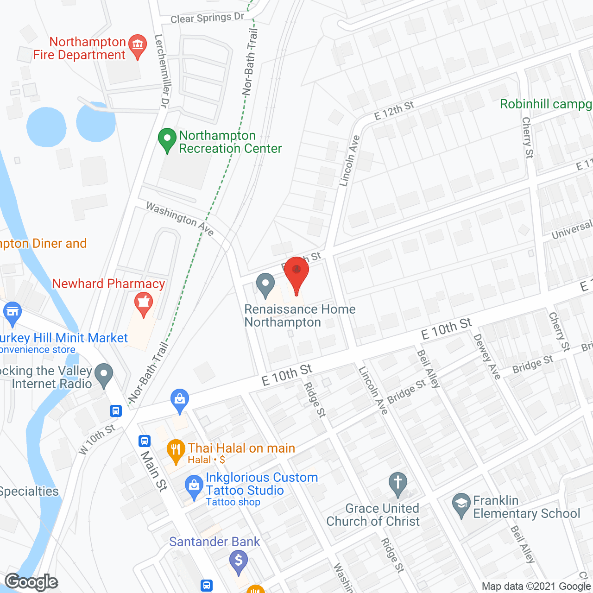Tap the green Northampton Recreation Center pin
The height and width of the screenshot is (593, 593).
click(167, 139)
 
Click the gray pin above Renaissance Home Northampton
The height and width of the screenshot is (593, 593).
click(265, 284)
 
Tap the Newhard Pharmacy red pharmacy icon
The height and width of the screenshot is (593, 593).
click(144, 303)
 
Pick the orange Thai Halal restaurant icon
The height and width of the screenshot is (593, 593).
click(176, 451)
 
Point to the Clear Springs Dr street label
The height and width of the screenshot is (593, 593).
click(207, 18)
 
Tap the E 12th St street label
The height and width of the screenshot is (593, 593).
click(394, 110)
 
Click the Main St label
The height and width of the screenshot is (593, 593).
click(154, 470)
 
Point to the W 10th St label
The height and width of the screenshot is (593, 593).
click(97, 439)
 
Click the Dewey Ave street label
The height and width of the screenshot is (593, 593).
click(487, 357)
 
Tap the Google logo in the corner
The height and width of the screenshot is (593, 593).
click(32, 582)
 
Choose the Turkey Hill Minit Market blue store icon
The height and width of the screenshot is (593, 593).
click(13, 313)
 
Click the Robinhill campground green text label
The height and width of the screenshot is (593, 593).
click(546, 104)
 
